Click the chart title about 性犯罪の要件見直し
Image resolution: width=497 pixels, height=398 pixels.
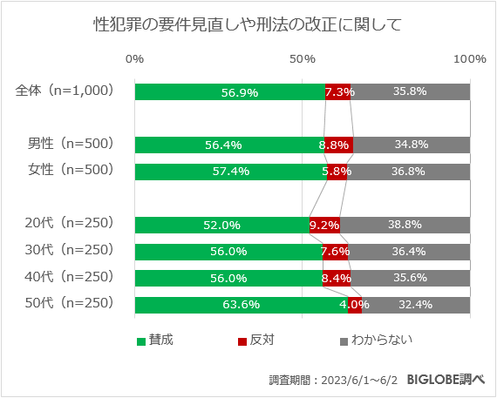point(248,24)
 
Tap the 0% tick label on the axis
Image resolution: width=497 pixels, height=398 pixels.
point(135,58)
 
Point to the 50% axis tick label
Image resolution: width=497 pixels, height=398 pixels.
point(303,58)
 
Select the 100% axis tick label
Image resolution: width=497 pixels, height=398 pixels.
point(470,58)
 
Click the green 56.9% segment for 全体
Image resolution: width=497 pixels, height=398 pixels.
point(230,91)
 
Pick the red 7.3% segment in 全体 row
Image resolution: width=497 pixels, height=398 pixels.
point(338,91)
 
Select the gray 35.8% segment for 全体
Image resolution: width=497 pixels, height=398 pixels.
point(410,91)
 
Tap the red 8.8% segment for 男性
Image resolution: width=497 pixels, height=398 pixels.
point(338,145)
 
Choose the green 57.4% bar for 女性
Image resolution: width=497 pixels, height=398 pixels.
point(231,172)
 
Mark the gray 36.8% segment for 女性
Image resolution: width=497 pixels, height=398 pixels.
point(408,172)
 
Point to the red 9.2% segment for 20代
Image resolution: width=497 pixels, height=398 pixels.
point(324,225)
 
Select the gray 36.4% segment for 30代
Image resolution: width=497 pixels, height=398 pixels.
point(409,252)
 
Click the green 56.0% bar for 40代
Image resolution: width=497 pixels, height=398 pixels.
point(228,279)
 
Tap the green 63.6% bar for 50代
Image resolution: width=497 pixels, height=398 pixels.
point(242,305)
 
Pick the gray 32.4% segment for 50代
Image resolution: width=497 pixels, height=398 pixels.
point(416,305)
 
